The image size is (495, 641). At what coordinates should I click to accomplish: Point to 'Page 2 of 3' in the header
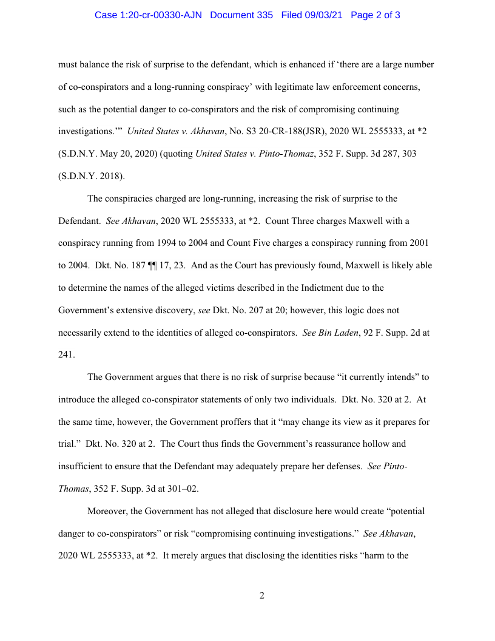pos(375,15)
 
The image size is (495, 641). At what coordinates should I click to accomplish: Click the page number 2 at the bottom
pos(262,595)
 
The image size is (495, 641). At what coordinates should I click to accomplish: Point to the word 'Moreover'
pos(107,511)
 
